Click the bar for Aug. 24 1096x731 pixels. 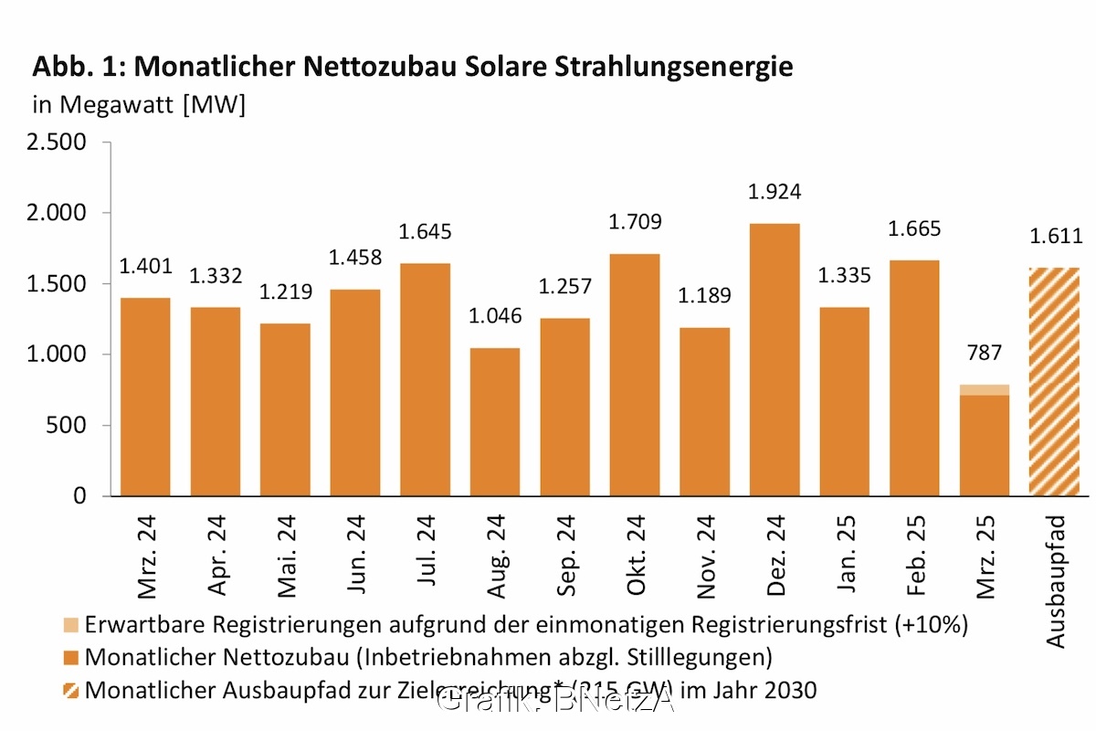[495, 421]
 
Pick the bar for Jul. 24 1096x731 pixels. [425, 379]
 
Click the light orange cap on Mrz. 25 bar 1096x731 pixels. [985, 390]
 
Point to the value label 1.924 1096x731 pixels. [775, 193]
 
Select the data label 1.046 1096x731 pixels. [495, 317]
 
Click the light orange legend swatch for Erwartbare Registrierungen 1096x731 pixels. [72, 625]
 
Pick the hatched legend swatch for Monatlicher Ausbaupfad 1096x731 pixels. [72, 690]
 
